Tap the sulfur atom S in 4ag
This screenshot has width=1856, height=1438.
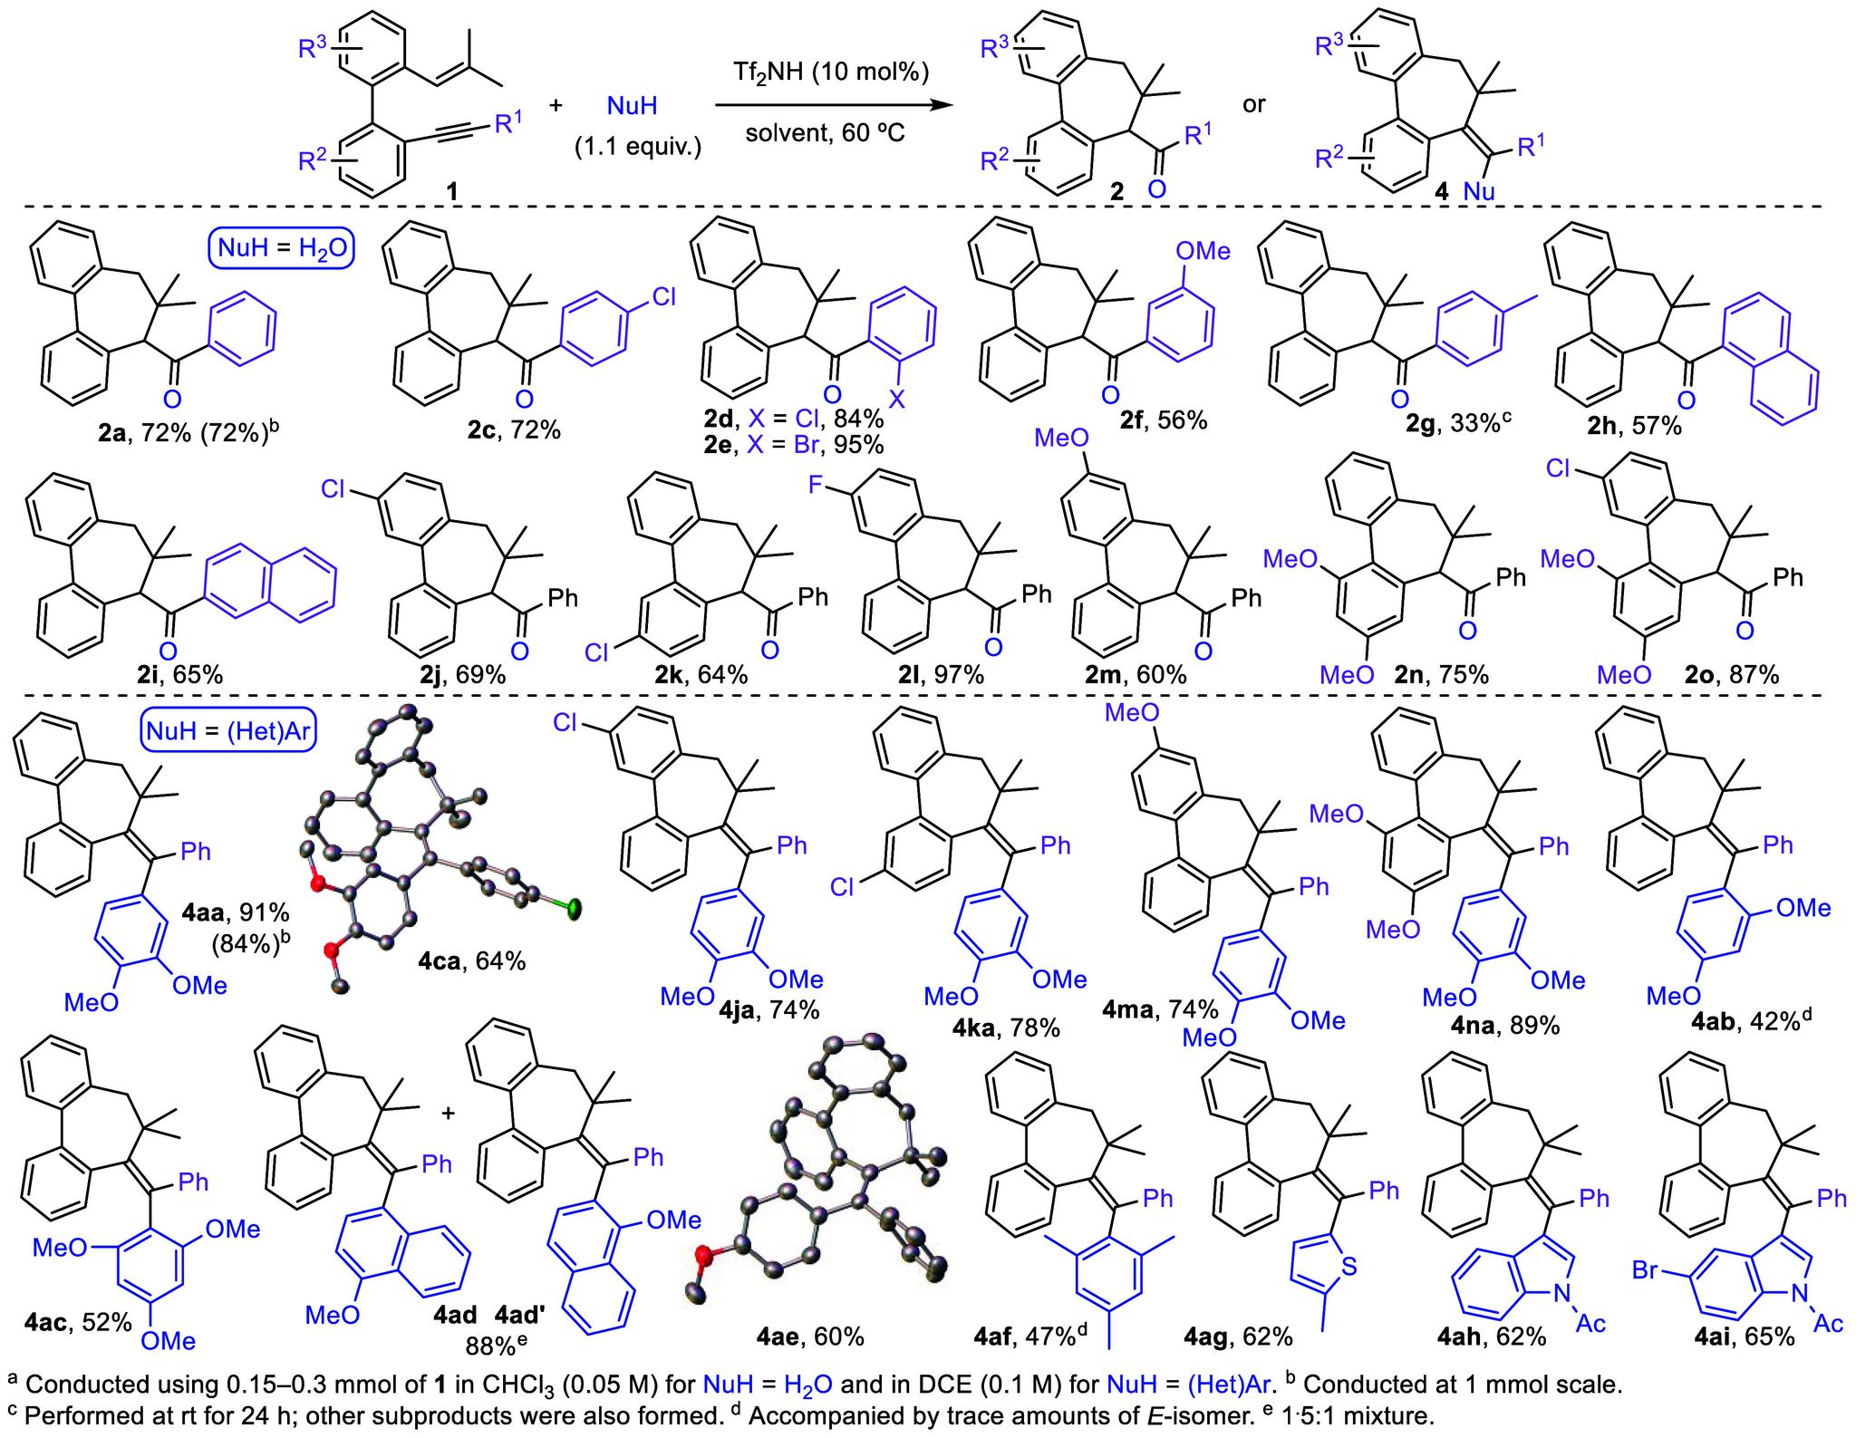point(1348,1266)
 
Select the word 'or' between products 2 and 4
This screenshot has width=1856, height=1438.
point(1254,105)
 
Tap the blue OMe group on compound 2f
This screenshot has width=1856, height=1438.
point(1203,250)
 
